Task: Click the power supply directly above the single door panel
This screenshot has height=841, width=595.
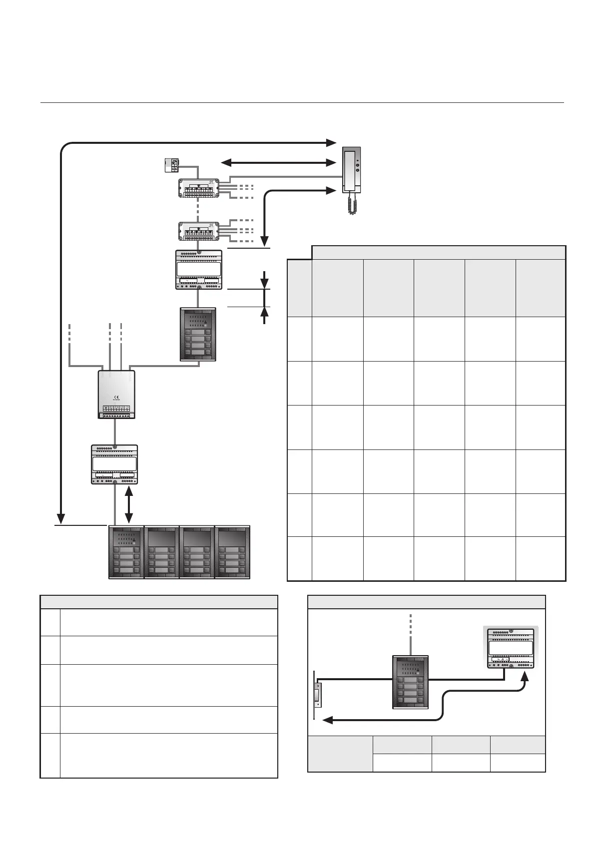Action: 199,270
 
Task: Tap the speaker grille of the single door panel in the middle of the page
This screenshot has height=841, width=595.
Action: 198,320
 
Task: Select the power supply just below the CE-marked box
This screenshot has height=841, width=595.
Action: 114,464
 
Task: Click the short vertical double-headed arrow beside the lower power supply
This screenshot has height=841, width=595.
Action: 129,505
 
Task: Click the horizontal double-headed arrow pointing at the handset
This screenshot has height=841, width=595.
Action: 278,162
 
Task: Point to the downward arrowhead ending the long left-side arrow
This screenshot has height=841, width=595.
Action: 60,517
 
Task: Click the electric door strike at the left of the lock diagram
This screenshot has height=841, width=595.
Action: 316,694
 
